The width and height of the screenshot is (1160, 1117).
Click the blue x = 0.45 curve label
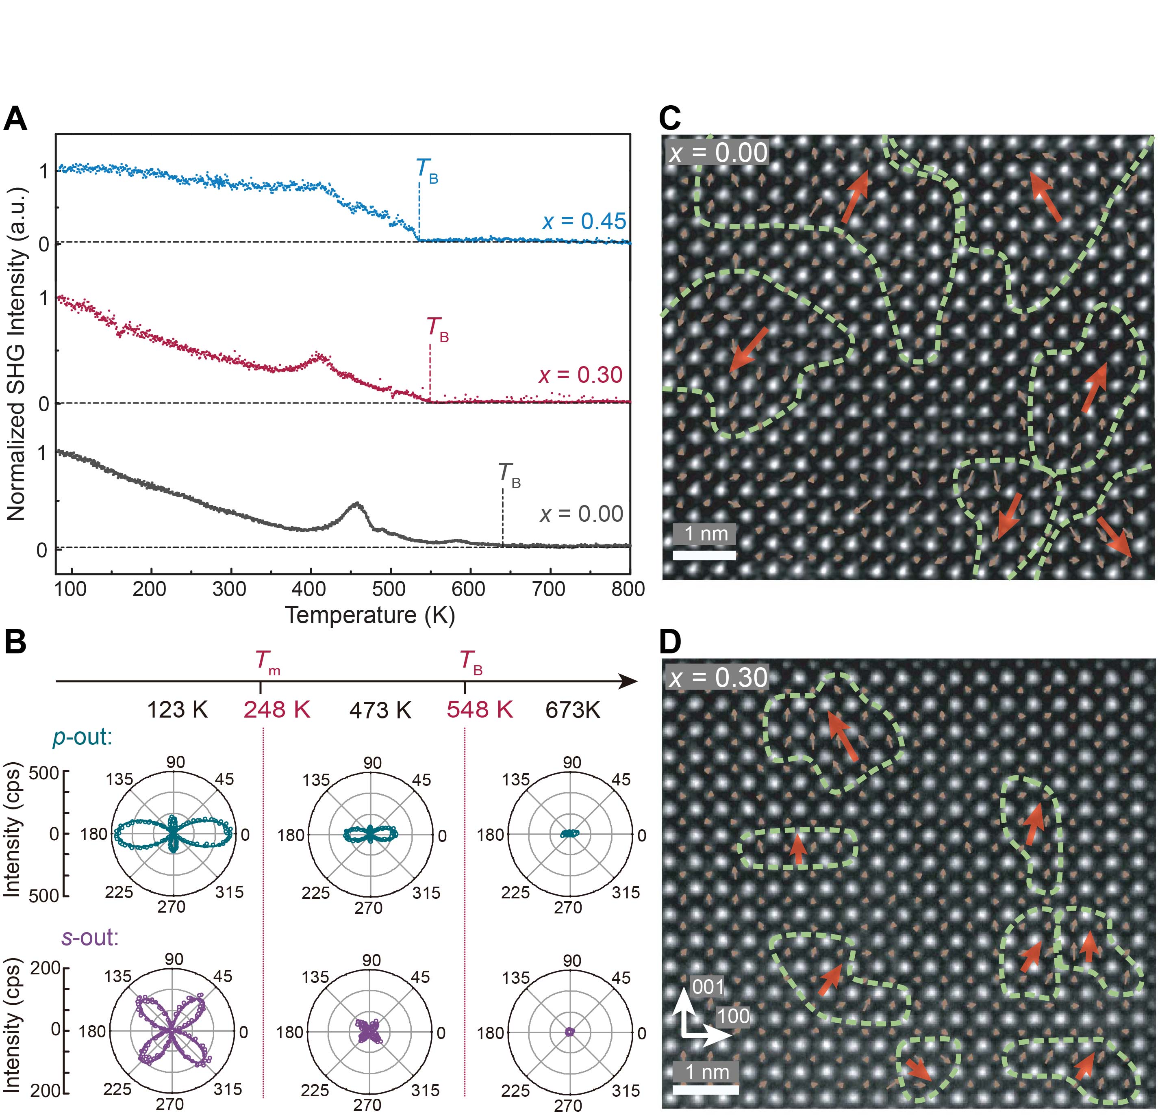click(x=584, y=221)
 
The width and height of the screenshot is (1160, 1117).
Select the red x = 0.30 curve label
click(x=580, y=375)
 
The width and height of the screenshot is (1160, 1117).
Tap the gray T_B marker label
click(x=509, y=475)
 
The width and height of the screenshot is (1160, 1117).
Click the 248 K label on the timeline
click(x=277, y=709)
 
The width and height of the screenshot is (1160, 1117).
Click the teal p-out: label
click(x=82, y=737)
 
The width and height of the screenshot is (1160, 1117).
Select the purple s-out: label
click(x=90, y=938)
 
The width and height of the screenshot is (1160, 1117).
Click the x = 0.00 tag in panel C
click(x=718, y=153)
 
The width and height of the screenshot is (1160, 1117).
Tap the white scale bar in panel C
click(x=704, y=555)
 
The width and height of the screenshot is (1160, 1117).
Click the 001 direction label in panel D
click(x=708, y=987)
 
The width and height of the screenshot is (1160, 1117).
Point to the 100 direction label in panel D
click(x=733, y=1016)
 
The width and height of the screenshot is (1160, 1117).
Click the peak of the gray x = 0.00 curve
click(x=356, y=505)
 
